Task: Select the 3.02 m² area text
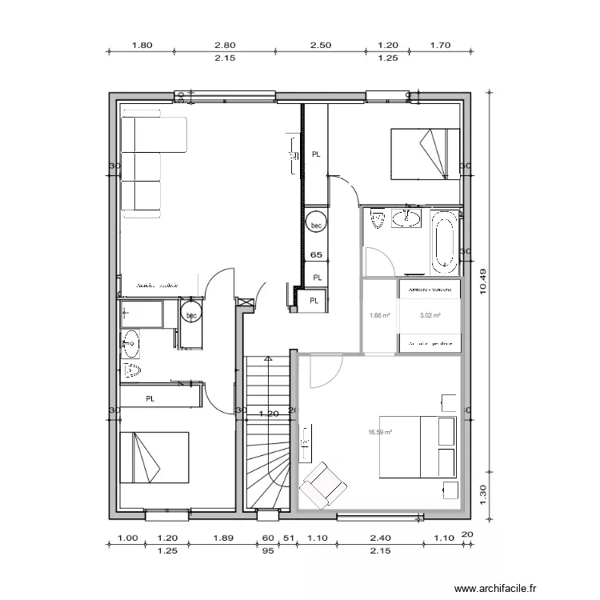[x=430, y=315]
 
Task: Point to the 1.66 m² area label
[x=379, y=315]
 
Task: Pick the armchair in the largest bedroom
[x=324, y=483]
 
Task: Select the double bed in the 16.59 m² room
[x=416, y=447]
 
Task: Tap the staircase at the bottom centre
[x=266, y=432]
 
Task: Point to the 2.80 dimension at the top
[x=225, y=46]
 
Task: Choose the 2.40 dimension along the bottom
[x=381, y=538]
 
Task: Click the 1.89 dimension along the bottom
[x=224, y=538]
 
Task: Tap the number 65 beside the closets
[x=317, y=255]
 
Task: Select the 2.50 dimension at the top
[x=320, y=46]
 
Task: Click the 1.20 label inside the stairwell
[x=269, y=414]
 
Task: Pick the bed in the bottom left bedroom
[x=154, y=457]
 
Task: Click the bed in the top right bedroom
[x=424, y=154]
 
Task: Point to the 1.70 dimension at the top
[x=441, y=46]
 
